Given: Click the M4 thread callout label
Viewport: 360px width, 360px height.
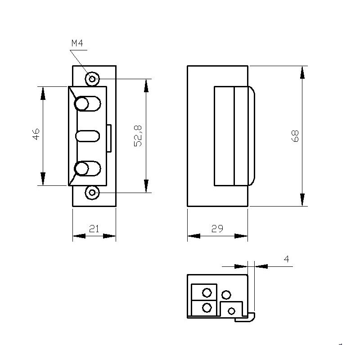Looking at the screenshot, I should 77,44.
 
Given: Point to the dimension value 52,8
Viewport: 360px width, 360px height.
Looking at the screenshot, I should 138,135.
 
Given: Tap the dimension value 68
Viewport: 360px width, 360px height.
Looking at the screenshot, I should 295,136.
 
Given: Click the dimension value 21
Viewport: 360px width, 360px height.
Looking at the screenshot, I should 94,229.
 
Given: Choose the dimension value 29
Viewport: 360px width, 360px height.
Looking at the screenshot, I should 217,229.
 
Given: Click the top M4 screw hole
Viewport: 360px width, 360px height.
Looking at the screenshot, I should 92,79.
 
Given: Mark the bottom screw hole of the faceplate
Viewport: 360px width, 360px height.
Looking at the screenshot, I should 92,193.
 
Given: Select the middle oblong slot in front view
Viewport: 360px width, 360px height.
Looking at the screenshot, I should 87,136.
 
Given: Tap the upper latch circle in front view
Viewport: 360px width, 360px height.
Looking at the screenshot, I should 81,104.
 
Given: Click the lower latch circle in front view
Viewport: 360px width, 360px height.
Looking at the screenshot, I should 81,169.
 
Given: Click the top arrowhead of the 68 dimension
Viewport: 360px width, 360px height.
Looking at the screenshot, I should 302,72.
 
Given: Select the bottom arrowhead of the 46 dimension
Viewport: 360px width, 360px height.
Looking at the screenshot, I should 43,179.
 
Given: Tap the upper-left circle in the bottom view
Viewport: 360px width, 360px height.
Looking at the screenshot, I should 207,293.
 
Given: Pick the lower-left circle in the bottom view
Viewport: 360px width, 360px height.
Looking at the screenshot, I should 207,308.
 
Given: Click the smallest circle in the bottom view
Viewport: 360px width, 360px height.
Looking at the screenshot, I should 232,311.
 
